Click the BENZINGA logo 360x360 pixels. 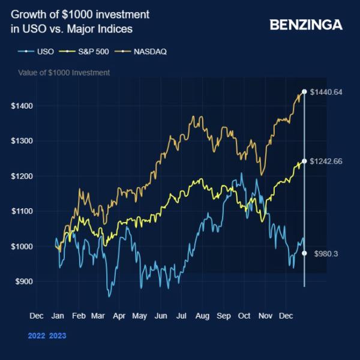(306, 25)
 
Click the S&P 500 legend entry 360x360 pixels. (89, 51)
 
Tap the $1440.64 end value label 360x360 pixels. (325, 92)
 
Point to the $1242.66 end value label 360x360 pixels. (325, 161)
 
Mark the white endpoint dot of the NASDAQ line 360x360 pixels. (304, 92)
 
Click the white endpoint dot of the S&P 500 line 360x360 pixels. (304, 161)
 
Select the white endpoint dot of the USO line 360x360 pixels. (304, 253)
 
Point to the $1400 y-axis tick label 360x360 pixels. (22, 106)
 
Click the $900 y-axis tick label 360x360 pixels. (23, 281)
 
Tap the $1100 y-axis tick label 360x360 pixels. (22, 211)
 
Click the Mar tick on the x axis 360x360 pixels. (98, 316)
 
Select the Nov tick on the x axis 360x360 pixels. (265, 316)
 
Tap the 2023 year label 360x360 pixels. (58, 335)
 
